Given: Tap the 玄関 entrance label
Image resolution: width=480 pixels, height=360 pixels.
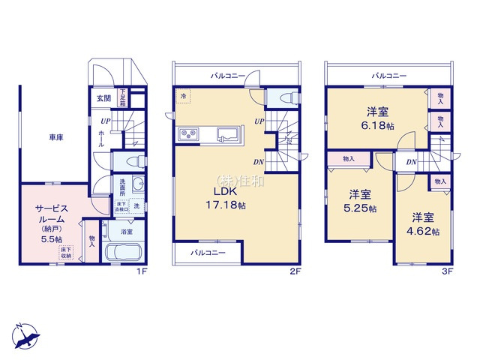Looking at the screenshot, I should (103, 98).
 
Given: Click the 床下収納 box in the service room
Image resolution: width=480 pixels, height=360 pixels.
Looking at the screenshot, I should (67, 253).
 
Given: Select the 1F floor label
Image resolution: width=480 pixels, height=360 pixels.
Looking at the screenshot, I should (141, 271).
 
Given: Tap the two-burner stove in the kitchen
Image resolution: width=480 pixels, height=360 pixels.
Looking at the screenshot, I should (187, 135).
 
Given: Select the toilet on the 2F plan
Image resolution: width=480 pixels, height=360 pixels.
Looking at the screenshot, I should (287, 97).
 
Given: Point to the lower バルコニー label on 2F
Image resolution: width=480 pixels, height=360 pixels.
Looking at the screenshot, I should (207, 253).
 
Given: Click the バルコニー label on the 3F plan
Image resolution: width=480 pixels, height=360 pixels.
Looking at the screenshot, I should (388, 76).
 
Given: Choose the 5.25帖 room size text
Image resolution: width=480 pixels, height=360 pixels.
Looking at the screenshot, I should (352, 207).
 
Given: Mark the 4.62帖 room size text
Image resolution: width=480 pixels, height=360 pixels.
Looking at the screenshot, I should (422, 231).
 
